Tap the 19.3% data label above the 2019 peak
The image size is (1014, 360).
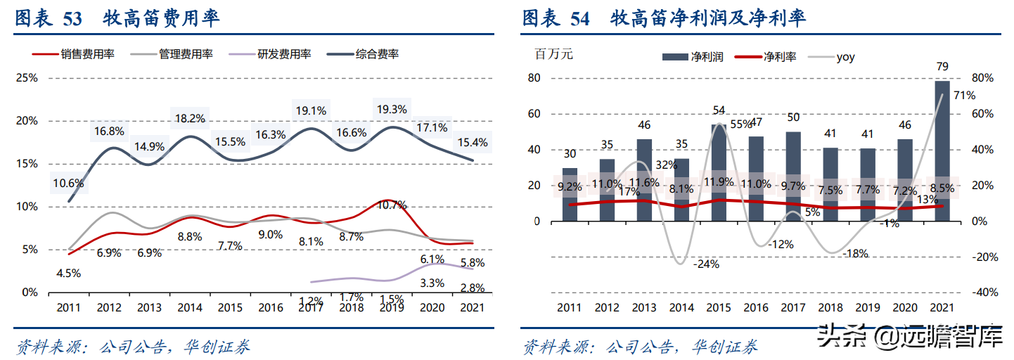392,110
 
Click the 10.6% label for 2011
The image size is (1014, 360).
69,184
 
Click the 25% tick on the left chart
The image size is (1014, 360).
27,78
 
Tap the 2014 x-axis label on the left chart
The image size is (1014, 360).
190,308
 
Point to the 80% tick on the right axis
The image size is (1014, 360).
982,78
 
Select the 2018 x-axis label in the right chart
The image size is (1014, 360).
830,308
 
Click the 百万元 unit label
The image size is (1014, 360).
555,55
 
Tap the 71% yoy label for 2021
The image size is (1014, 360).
964,96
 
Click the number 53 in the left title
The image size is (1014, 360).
72,19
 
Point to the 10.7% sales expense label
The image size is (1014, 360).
392,205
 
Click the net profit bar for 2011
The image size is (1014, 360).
570,195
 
